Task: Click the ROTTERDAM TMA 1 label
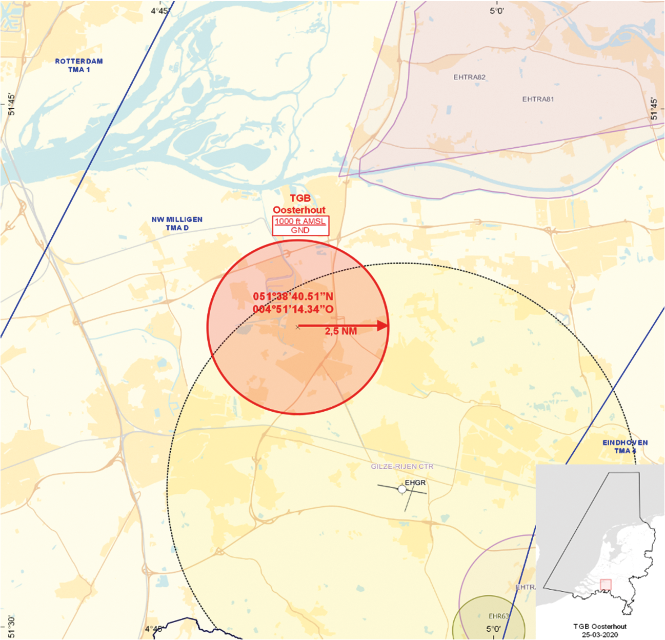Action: [79, 65]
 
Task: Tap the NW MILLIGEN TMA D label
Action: [177, 224]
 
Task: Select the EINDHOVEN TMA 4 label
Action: [625, 447]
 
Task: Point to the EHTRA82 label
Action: [469, 77]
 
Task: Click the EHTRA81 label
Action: [538, 99]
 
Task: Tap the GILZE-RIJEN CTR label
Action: [402, 467]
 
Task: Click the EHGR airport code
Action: [415, 483]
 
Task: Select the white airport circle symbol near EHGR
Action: [402, 490]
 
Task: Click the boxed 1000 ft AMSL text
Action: [300, 222]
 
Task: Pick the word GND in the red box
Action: [300, 230]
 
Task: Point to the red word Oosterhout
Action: [299, 210]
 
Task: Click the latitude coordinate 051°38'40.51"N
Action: [293, 296]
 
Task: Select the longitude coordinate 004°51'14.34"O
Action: [293, 309]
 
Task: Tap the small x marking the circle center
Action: [298, 327]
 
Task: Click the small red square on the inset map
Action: [606, 585]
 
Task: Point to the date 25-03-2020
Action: [600, 634]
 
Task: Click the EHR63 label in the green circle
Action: [498, 616]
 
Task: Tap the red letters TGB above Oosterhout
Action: [300, 198]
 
